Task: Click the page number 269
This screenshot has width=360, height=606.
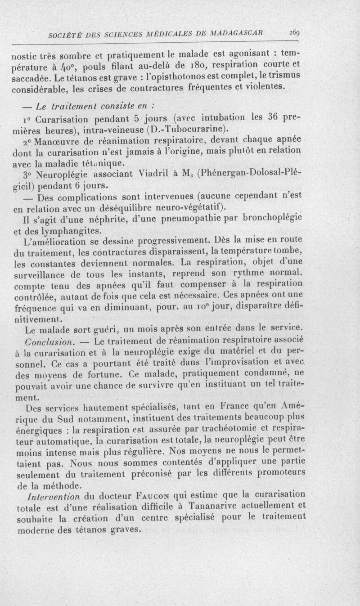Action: [x=295, y=33]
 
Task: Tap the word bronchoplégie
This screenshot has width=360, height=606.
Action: [x=266, y=220]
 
